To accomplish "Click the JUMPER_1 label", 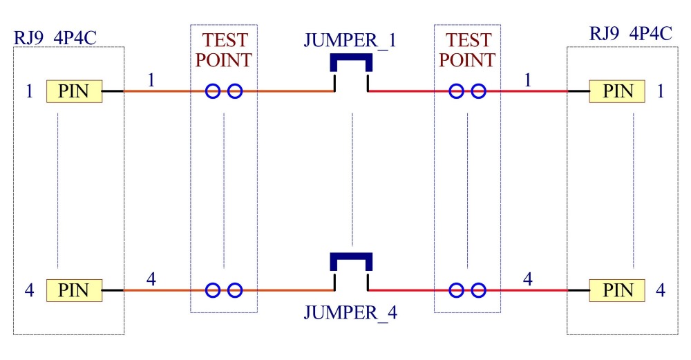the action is [x=350, y=41].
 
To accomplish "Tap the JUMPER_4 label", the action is [x=350, y=312].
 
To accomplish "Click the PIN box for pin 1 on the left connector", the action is [x=75, y=91].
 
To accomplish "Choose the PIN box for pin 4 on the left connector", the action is [x=75, y=290].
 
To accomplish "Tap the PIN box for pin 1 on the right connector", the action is [x=617, y=91].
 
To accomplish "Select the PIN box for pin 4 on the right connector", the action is [x=617, y=290].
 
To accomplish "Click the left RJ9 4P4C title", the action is [x=55, y=37].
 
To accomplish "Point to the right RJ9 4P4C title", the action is [x=631, y=33].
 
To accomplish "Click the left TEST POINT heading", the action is [x=223, y=50].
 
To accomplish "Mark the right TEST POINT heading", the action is [x=467, y=50].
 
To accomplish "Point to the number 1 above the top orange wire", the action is [x=151, y=80].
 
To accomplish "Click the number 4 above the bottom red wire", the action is [x=527, y=279].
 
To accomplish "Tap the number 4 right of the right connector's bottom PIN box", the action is [x=660, y=290].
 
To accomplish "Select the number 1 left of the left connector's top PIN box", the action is [x=29, y=91].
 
